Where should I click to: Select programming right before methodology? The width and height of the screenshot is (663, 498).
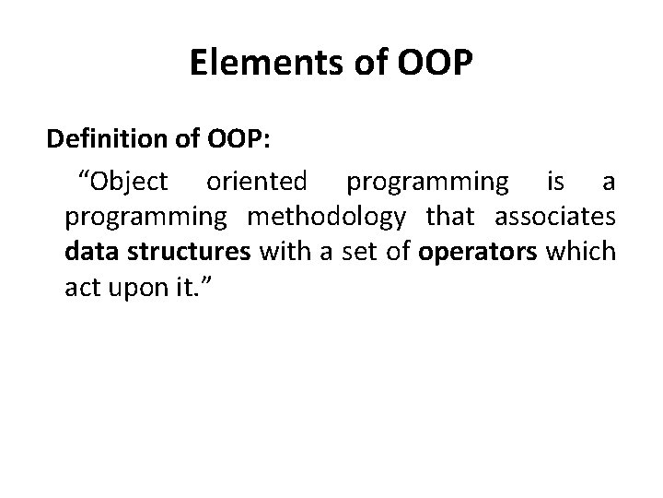point(145,218)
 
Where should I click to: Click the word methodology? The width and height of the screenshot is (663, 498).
point(326,218)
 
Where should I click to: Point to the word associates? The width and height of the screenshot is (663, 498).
point(555,218)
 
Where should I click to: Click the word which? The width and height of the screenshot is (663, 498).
point(580,253)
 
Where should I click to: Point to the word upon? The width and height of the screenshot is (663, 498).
point(135,288)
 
